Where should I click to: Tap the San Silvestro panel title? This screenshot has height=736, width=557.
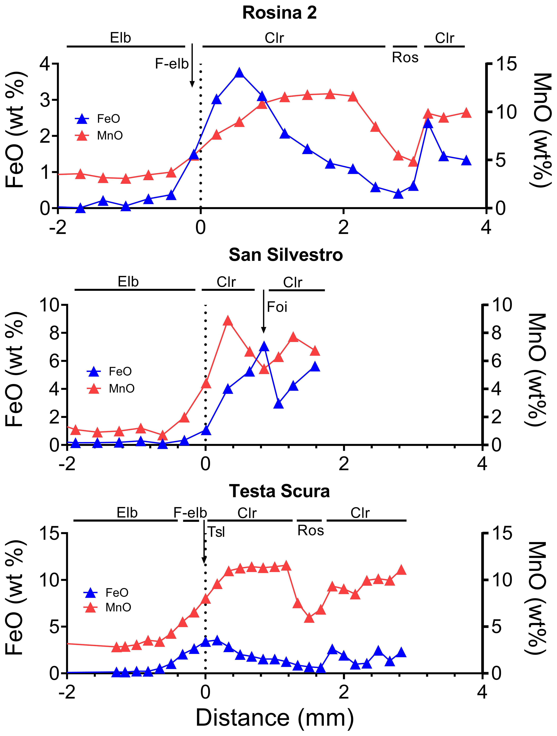(x=286, y=255)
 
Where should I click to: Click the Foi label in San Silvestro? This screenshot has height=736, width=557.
(x=277, y=307)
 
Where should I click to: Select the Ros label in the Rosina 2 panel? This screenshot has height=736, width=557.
(x=405, y=58)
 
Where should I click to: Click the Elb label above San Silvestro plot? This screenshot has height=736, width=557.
(x=128, y=282)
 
